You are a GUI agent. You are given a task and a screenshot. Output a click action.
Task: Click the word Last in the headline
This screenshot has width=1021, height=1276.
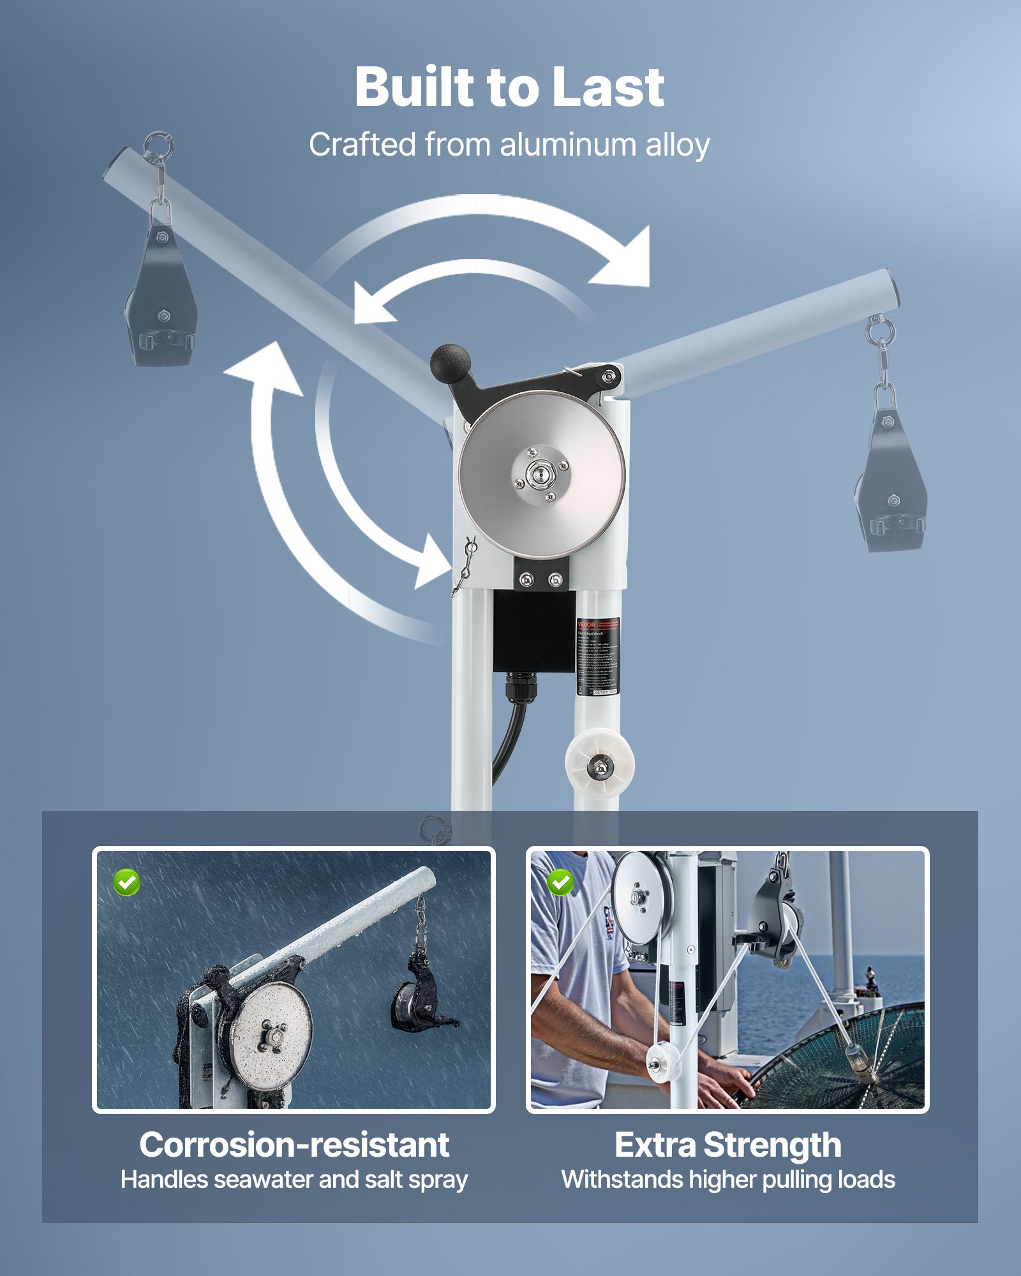pos(607,87)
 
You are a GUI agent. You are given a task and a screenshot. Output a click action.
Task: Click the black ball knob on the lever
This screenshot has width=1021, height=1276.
pos(451,364)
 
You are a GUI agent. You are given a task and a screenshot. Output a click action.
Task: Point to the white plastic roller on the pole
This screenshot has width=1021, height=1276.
pos(599,764)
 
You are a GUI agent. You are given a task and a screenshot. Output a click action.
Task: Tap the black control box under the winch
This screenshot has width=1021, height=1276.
pos(533,632)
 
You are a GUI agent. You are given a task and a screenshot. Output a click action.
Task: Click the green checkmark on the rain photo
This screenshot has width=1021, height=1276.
pos(126,882)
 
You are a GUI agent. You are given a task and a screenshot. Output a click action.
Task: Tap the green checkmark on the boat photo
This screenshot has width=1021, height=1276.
pos(560,882)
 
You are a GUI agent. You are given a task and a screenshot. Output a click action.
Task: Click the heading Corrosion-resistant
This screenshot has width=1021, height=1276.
pos(294,1145)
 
